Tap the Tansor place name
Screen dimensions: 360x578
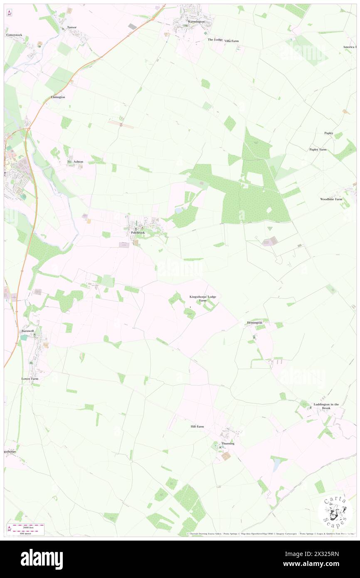(72, 27)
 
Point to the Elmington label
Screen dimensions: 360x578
(58, 97)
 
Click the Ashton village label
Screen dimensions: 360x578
(78, 161)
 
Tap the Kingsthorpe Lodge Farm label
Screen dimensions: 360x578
(203, 298)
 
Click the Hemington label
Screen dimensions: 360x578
(254, 322)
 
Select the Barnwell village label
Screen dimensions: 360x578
(27, 331)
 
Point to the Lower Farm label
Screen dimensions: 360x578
(30, 379)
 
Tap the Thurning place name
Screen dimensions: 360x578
(228, 443)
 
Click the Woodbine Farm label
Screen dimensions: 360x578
(331, 199)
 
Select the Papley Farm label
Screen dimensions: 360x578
(318, 149)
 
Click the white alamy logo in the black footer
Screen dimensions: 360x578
(42, 559)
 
